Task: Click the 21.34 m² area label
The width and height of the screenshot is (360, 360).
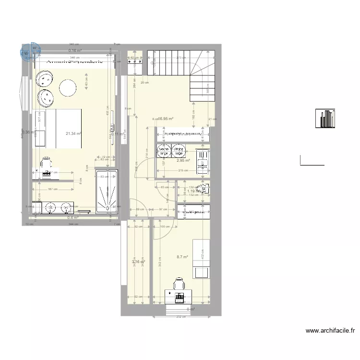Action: [74, 135]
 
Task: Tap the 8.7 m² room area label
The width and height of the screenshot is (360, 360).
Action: [182, 257]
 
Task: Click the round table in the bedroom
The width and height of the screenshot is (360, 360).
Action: [68, 87]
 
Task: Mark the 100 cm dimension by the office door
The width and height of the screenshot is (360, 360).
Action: [164, 227]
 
